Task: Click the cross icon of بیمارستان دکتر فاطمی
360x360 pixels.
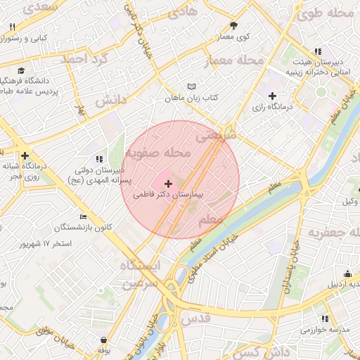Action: click(x=167, y=183)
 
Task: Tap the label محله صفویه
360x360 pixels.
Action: click(x=158, y=153)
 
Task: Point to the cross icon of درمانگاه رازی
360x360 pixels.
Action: click(x=273, y=96)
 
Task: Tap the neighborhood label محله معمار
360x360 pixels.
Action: click(x=233, y=61)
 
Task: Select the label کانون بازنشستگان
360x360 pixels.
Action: click(x=67, y=227)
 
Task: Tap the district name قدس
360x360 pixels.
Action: click(x=198, y=318)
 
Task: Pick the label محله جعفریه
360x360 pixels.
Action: click(x=332, y=233)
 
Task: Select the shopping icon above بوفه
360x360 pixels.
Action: click(x=104, y=340)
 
